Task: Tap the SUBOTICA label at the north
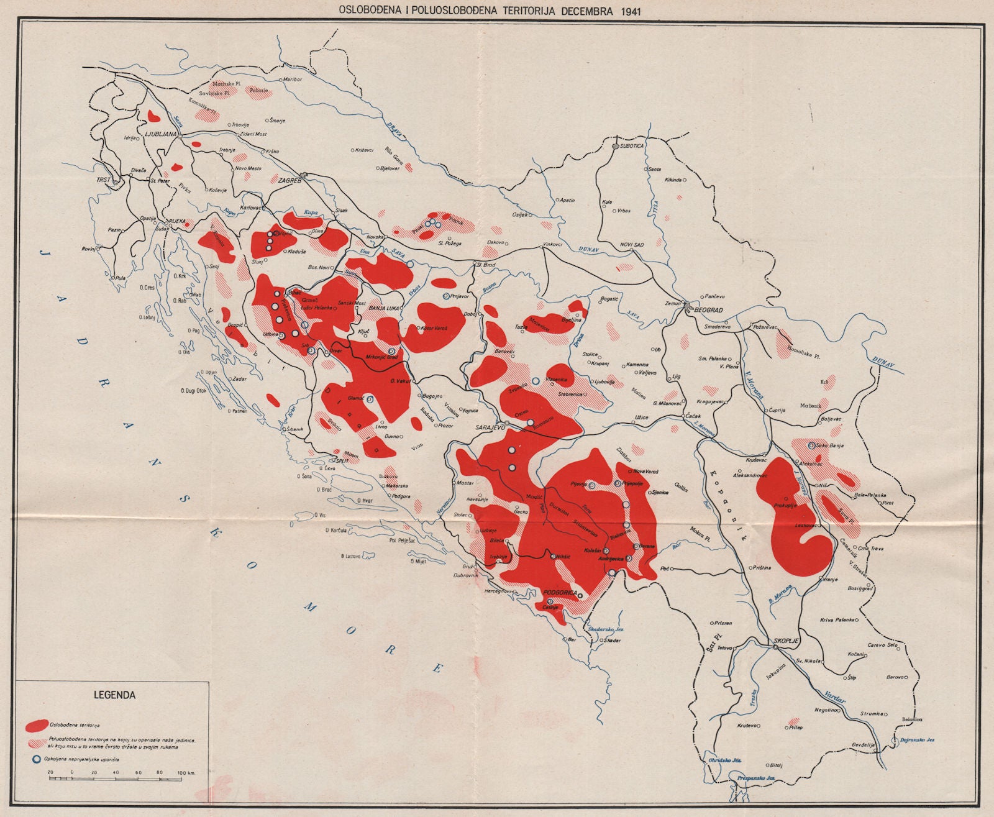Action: [632, 145]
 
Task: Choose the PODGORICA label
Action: [560, 593]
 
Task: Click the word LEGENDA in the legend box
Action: [114, 695]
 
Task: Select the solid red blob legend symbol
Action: [37, 725]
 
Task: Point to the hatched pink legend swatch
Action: [37, 742]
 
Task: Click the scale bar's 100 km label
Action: [187, 772]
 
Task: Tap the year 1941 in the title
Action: [627, 9]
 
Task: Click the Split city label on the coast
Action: [342, 461]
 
